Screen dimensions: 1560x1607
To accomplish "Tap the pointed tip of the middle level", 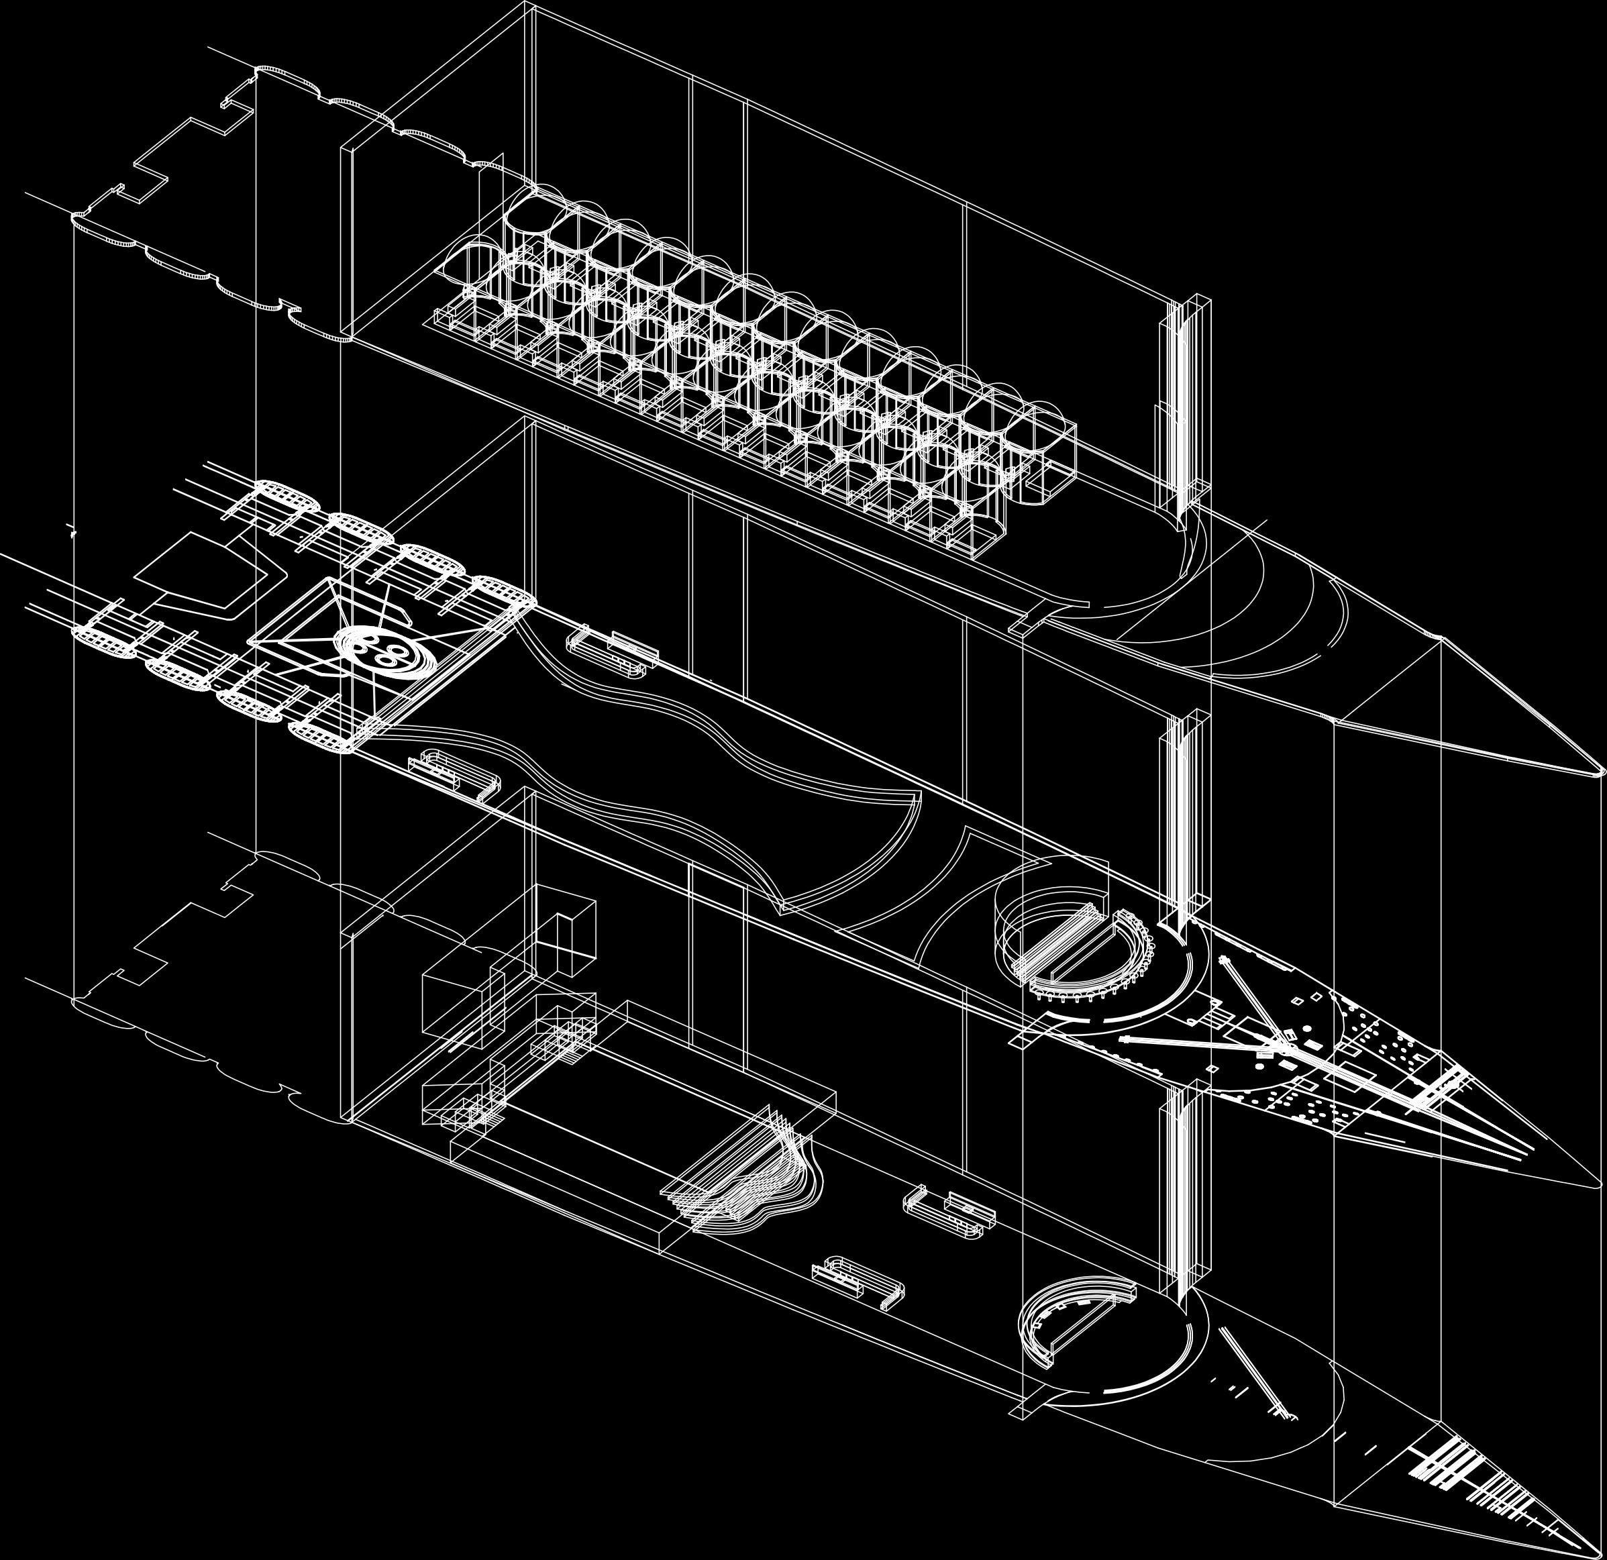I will coord(1599,1186).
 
